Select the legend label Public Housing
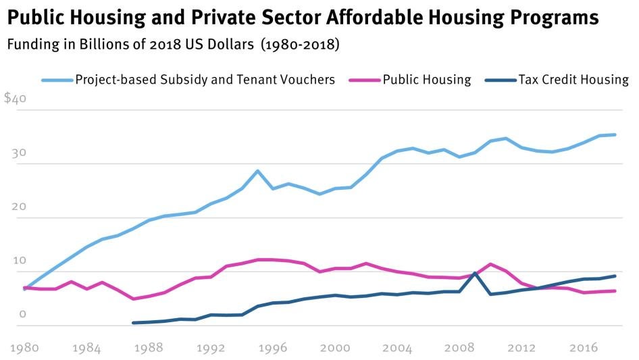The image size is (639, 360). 426,80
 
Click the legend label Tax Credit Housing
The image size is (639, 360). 573,80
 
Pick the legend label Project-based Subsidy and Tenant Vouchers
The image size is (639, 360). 205,80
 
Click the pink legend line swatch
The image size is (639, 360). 364,80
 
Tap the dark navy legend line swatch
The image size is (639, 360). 501,80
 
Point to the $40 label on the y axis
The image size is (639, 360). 15,99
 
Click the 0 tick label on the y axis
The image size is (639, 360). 22,314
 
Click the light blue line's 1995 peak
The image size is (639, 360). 257,171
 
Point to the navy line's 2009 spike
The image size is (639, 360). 476,273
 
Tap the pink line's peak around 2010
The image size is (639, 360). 491,264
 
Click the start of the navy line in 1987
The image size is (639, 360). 133,323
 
